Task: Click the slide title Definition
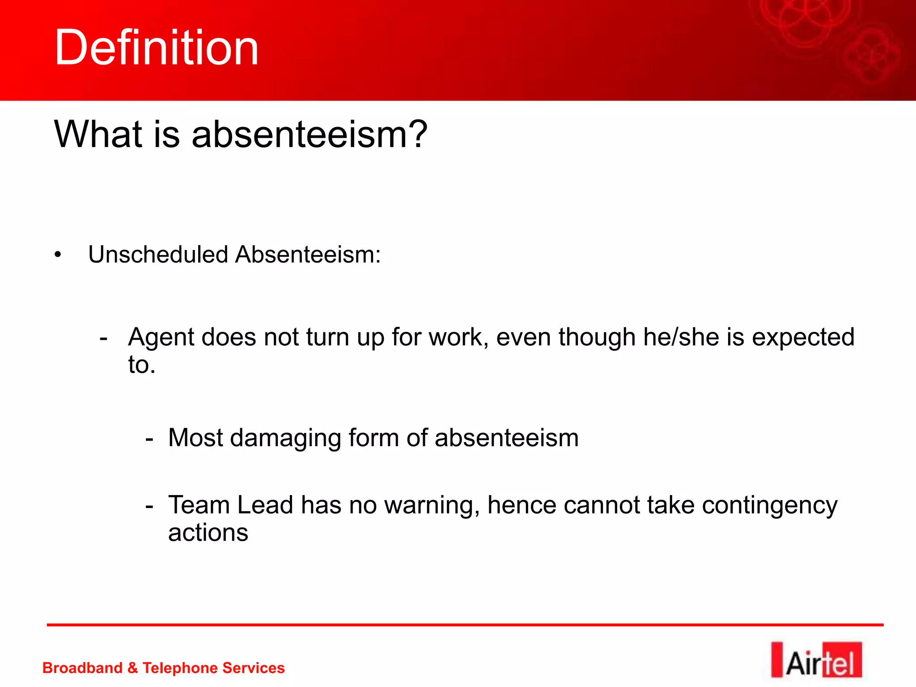tap(157, 48)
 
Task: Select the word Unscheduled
tap(158, 255)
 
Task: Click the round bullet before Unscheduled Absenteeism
tap(58, 255)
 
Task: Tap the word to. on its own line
tap(141, 365)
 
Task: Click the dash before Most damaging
tap(149, 439)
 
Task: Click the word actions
tap(208, 533)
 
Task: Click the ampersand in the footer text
tap(132, 668)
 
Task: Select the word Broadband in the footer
tap(82, 668)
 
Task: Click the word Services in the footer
tap(253, 668)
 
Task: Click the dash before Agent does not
tap(104, 338)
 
